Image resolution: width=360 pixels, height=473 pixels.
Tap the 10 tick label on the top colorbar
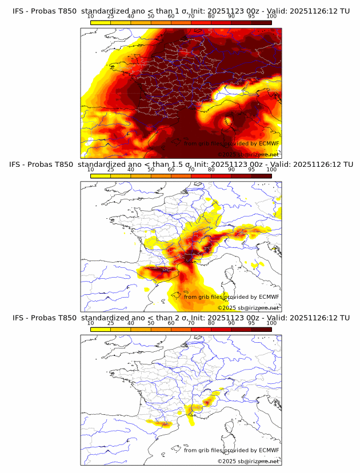point(91,17)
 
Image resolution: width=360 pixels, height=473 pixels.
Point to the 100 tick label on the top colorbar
point(271,17)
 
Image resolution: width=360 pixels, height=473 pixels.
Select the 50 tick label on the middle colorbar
point(151,170)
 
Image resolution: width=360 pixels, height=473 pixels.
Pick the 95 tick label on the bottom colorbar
point(251,323)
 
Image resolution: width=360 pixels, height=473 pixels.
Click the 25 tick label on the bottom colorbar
point(111,323)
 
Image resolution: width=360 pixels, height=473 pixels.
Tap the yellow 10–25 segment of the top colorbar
point(101,22)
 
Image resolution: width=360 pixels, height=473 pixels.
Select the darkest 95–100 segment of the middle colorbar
point(261,175)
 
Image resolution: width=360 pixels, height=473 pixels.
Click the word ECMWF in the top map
point(269,143)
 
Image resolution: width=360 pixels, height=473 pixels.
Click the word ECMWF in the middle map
point(269,296)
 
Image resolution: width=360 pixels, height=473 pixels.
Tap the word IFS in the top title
point(19,11)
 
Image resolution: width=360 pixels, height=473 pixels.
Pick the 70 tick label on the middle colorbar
point(191,170)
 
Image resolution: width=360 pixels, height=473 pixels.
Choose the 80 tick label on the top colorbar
point(211,17)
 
